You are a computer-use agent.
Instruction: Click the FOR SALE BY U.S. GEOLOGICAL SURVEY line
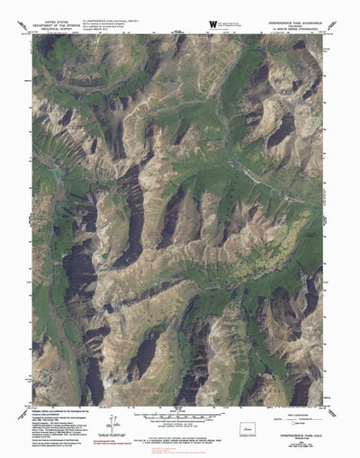(179, 437)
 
